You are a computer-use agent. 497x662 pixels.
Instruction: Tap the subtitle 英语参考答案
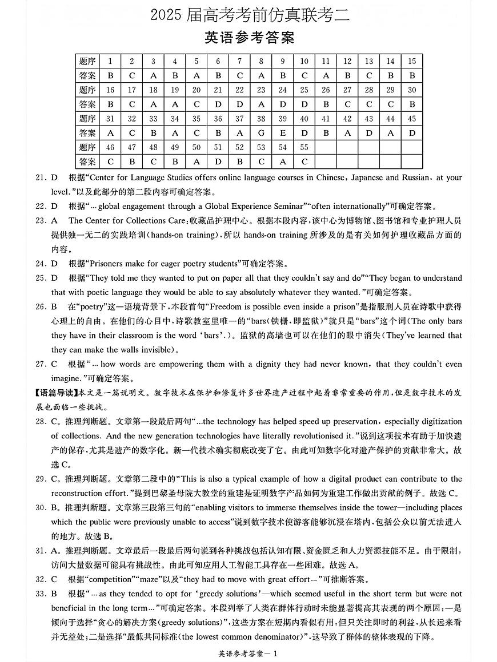(x=249, y=38)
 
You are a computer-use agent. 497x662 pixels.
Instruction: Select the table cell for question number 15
(x=411, y=61)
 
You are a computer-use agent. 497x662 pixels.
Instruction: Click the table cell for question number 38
(x=261, y=119)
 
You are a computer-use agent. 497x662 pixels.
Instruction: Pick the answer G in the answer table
(x=261, y=133)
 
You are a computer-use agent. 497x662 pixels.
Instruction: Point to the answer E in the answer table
(x=283, y=133)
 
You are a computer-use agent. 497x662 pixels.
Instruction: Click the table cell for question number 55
(x=304, y=147)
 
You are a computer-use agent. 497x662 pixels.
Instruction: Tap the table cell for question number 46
(x=110, y=147)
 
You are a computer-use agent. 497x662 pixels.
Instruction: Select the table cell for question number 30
(x=411, y=90)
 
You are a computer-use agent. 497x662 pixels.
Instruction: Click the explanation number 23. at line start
(x=41, y=220)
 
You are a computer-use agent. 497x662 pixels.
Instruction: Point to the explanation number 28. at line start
(x=41, y=422)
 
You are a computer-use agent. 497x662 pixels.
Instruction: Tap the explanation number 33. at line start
(x=41, y=594)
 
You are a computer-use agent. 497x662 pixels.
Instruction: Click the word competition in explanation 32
(x=112, y=579)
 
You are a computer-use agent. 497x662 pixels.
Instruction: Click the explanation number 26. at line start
(x=41, y=306)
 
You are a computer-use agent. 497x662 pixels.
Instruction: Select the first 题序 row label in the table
(x=87, y=61)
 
